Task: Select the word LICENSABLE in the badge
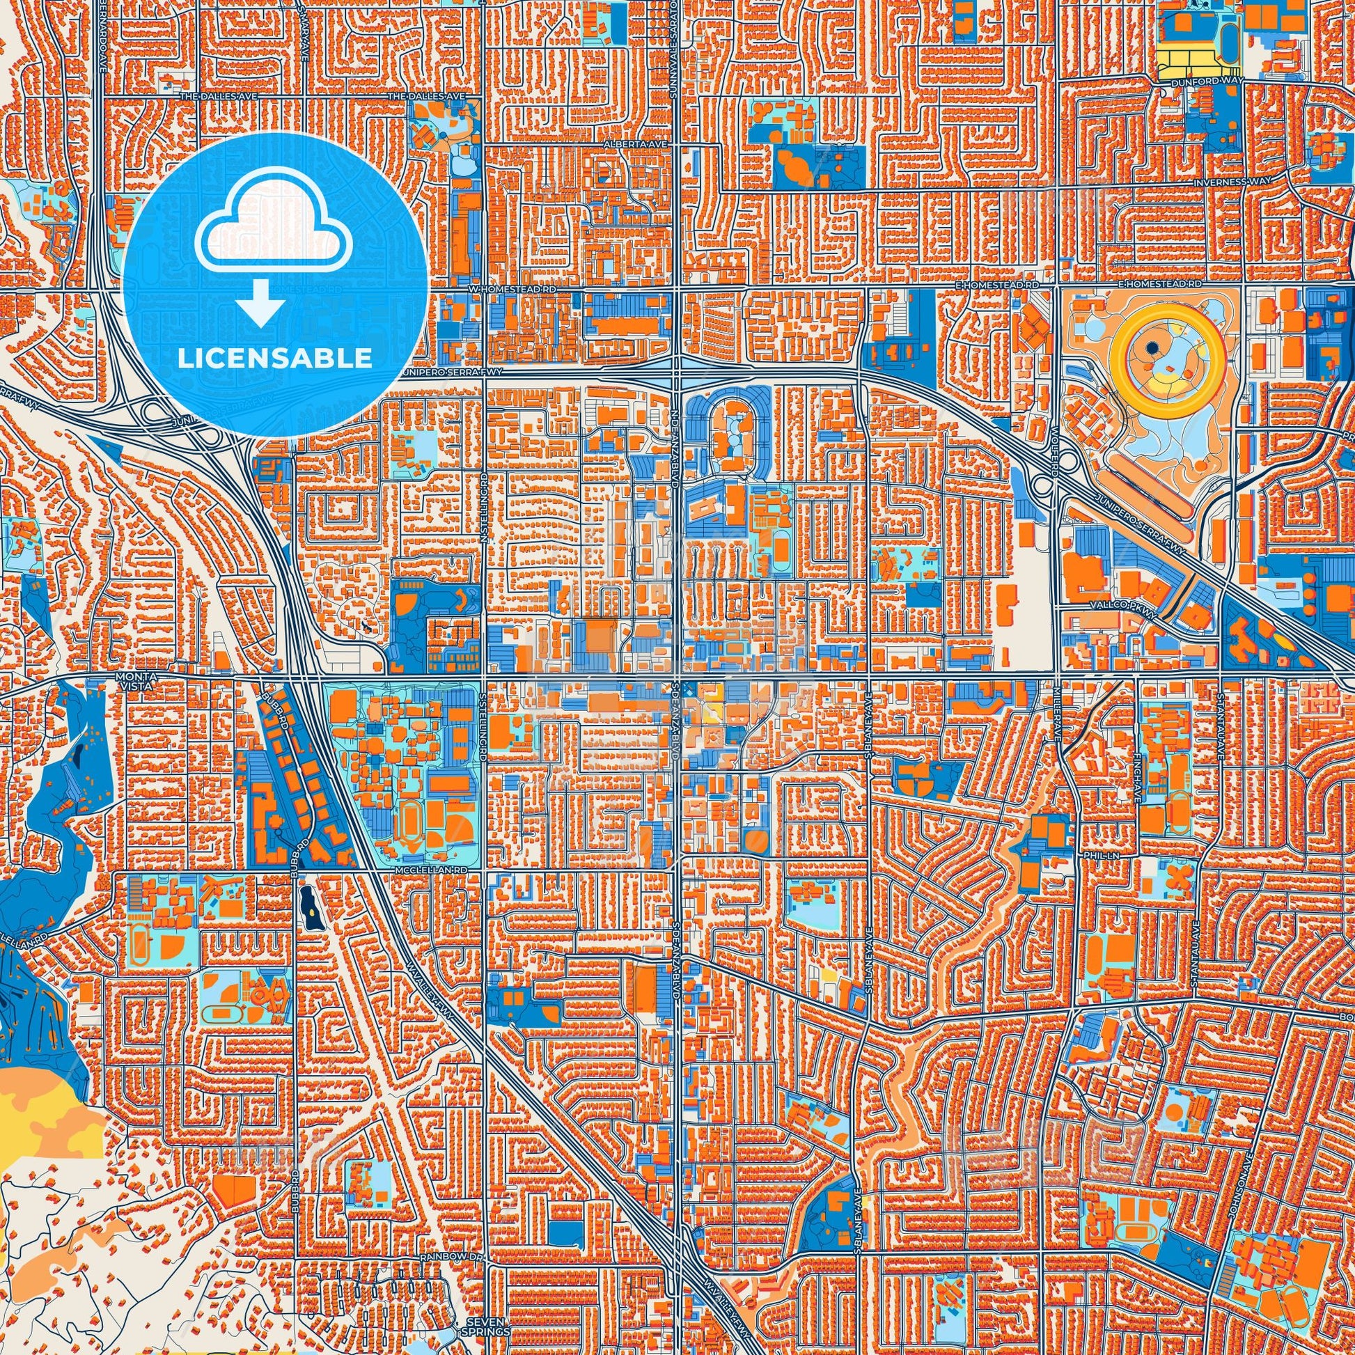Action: coord(276,358)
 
